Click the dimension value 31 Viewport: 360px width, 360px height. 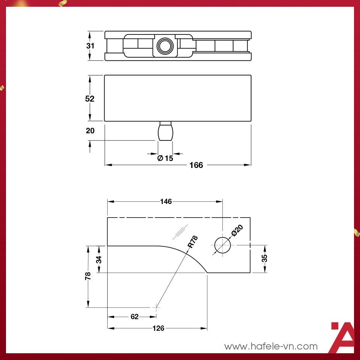coord(90,46)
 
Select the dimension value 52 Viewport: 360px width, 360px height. coord(90,99)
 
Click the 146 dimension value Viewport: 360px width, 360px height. coord(166,202)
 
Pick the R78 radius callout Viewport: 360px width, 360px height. coord(192,242)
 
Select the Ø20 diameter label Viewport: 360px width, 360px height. coord(237,230)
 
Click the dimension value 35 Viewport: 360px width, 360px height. coord(264,258)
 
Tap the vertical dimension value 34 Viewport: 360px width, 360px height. coord(99,259)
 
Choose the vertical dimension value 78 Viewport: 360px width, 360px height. coord(88,276)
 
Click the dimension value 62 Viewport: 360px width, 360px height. coord(135,317)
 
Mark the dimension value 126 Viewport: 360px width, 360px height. coord(158,328)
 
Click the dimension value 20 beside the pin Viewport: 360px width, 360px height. coord(90,131)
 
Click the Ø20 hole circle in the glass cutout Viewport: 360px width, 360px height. coord(222,245)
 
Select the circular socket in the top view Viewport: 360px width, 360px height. coord(164,46)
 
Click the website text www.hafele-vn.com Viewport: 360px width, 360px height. coord(271,346)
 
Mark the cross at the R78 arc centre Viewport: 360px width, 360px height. coord(156,307)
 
